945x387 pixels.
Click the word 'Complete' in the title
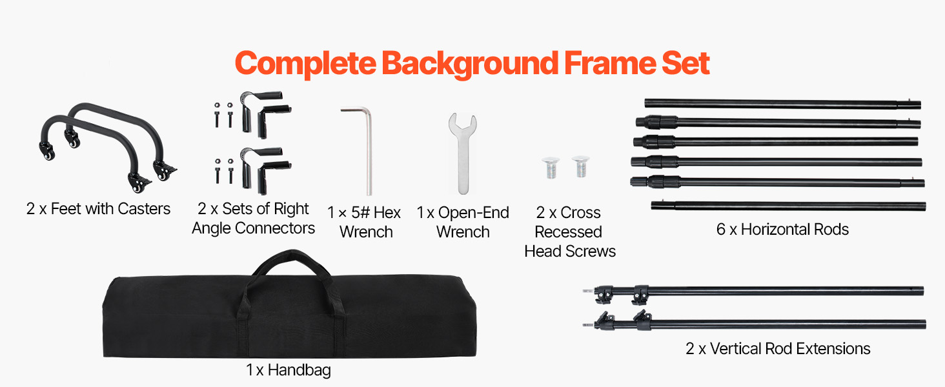305,63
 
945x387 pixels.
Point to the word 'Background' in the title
470,63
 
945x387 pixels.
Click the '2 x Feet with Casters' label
98,209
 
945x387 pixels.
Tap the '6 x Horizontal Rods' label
782,229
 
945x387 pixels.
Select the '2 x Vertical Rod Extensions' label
778,349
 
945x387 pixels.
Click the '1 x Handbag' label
289,370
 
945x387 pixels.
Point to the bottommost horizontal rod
787,206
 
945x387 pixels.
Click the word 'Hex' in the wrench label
387,213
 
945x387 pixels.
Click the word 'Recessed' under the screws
568,232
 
